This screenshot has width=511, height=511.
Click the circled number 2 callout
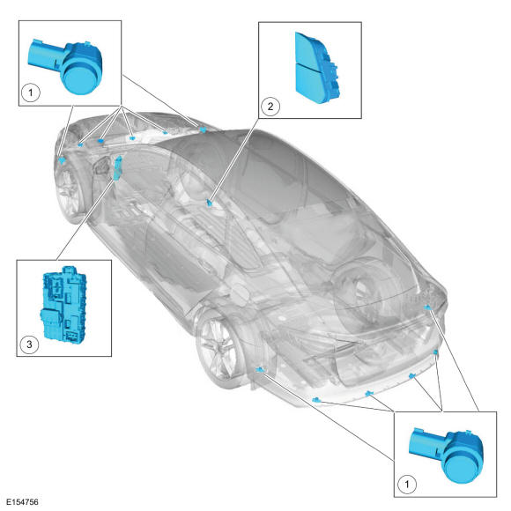(x=270, y=107)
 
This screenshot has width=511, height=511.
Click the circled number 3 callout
(x=29, y=344)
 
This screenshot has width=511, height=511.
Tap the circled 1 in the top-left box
(x=31, y=93)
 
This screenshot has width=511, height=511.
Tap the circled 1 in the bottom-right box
(x=406, y=484)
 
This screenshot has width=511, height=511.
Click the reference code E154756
(x=22, y=501)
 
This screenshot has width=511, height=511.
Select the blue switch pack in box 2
(x=317, y=68)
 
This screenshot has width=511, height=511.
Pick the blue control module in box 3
(x=63, y=304)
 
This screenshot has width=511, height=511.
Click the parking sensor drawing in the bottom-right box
(x=448, y=455)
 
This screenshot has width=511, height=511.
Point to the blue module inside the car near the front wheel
(x=118, y=167)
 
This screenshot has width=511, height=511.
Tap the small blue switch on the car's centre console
(x=210, y=203)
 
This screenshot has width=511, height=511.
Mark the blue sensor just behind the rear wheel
(x=260, y=369)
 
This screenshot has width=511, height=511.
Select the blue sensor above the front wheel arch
(x=62, y=160)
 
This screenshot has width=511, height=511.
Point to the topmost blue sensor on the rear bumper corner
(x=427, y=307)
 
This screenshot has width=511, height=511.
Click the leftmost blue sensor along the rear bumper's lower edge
(x=315, y=399)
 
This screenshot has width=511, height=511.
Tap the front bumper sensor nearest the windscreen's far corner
(x=203, y=130)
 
